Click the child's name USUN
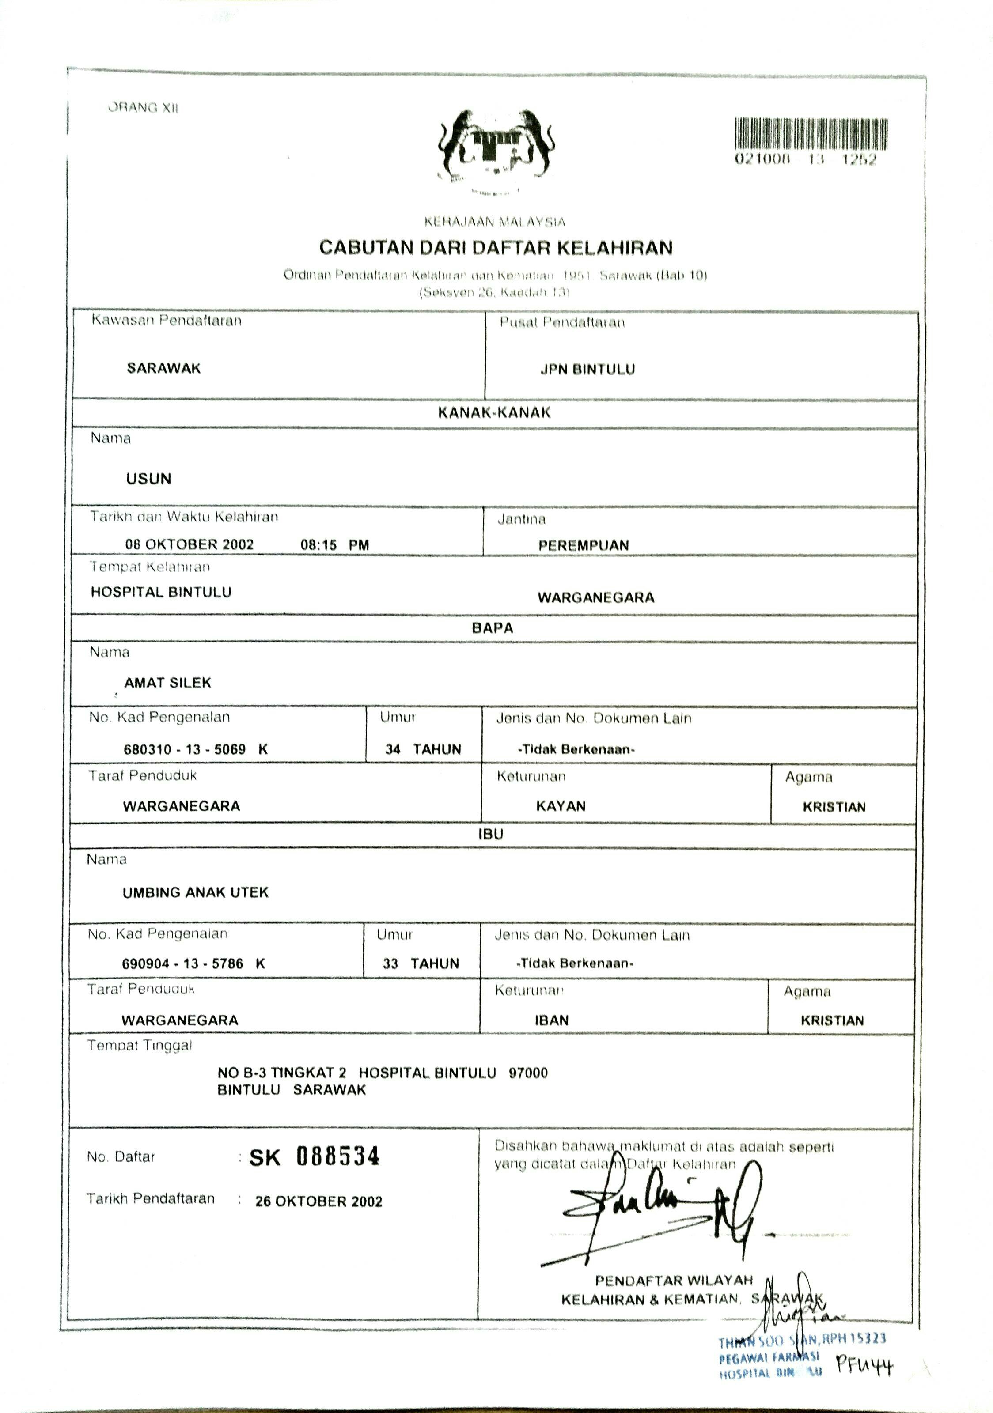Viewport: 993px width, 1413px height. (x=148, y=479)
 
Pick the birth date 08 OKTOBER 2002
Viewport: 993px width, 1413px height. (x=190, y=544)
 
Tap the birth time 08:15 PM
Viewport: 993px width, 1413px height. (x=334, y=544)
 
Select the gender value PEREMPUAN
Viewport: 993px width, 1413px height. (x=584, y=545)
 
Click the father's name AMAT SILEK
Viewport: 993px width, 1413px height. (x=167, y=683)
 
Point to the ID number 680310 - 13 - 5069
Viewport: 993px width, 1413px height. (x=185, y=749)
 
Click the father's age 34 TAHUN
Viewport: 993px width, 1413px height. (x=423, y=749)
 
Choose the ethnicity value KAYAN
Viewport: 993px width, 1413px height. (x=561, y=805)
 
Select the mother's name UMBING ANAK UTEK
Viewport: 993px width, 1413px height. (x=196, y=892)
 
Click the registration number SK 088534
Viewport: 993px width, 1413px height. (x=314, y=1157)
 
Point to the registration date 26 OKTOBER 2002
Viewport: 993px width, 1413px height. (x=319, y=1201)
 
